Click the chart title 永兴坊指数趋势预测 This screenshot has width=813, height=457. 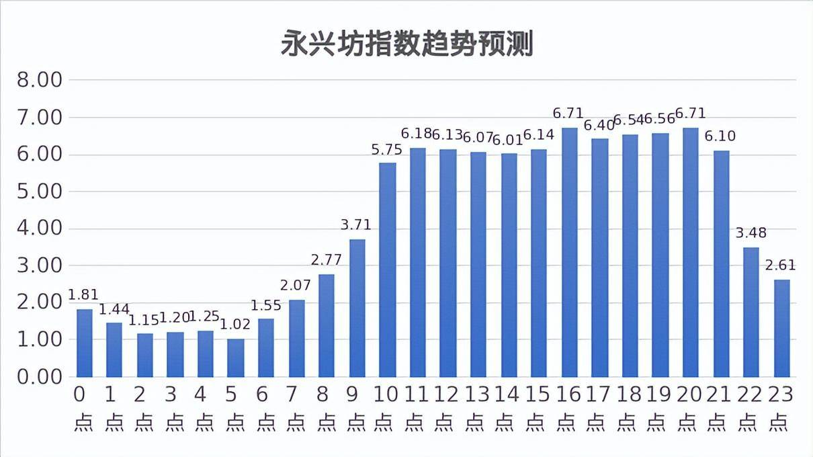(x=406, y=44)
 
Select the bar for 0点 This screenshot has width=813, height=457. (x=84, y=343)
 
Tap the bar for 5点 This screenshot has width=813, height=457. (x=235, y=358)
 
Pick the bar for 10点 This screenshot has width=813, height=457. (x=387, y=269)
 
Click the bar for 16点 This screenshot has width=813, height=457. (x=569, y=252)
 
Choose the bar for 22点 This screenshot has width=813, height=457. (x=751, y=312)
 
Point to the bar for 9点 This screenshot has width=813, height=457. (x=357, y=307)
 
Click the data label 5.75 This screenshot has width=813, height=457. (x=387, y=151)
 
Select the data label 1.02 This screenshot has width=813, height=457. (x=235, y=325)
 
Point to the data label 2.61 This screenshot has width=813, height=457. (x=781, y=266)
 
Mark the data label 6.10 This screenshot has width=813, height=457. (x=720, y=137)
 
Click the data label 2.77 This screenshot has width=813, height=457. (x=327, y=260)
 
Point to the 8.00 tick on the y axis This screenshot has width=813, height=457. (x=38, y=80)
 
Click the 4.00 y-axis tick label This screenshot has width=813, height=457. (x=38, y=229)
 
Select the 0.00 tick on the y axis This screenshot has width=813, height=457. (x=38, y=377)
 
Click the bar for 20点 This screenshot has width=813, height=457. (x=690, y=252)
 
